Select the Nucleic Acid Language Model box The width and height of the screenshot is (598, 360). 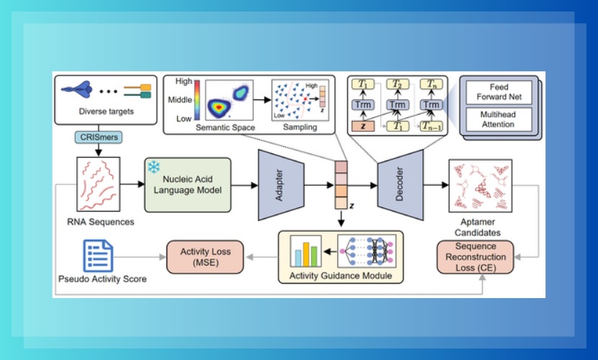click(x=188, y=184)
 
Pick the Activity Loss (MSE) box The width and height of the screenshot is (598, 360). click(x=205, y=257)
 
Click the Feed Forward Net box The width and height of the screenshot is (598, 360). click(x=499, y=93)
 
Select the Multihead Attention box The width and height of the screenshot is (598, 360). click(x=499, y=120)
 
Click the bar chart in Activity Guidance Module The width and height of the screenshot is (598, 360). click(x=305, y=253)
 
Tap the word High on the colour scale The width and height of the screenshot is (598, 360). click(x=182, y=81)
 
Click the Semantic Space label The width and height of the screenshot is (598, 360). click(x=226, y=127)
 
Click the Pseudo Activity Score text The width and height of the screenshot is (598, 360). click(x=102, y=279)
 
